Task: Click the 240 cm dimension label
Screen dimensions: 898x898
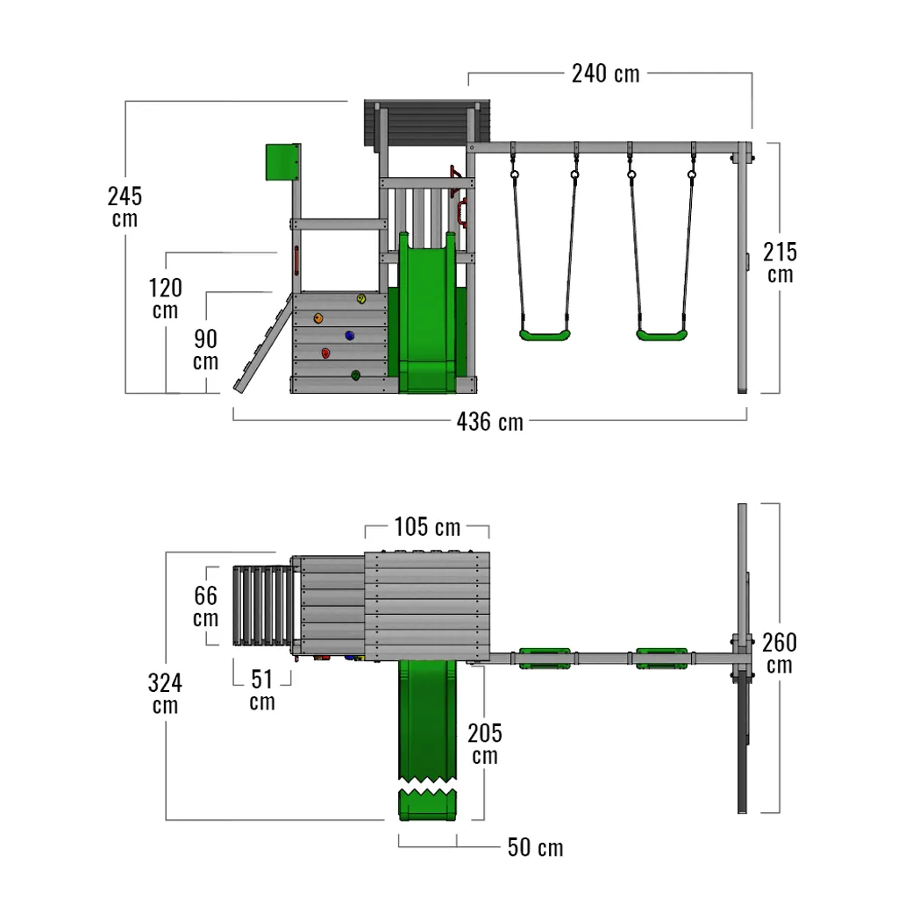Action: [605, 74]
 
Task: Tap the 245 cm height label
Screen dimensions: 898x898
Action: [125, 207]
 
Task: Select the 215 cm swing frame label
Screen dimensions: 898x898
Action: [780, 263]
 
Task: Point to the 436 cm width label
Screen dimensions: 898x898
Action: [490, 422]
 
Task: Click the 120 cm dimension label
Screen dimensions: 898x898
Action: [166, 298]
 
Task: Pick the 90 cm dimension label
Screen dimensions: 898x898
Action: [205, 349]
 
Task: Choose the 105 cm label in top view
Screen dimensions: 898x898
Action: [427, 527]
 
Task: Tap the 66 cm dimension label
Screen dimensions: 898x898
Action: [205, 607]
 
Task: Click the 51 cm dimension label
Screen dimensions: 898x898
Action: [262, 690]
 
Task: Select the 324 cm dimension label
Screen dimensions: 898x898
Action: [165, 694]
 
